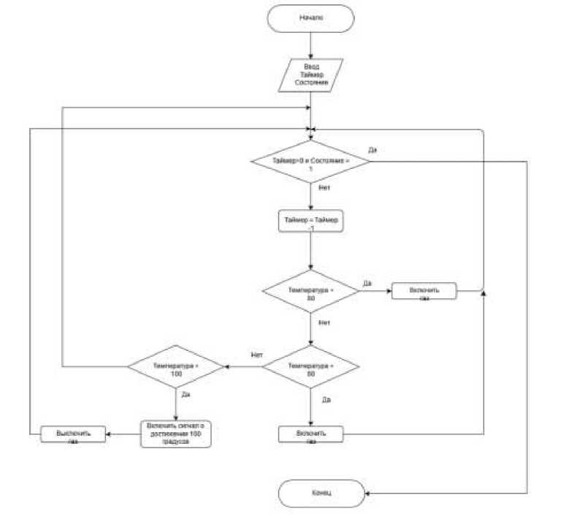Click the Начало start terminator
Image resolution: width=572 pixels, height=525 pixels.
pyautogui.click(x=310, y=18)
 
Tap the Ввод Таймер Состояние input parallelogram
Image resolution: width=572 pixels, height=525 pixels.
pyautogui.click(x=310, y=75)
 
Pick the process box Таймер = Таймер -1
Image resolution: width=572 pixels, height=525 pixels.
pyautogui.click(x=310, y=222)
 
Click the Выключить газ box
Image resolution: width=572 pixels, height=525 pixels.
pyautogui.click(x=73, y=434)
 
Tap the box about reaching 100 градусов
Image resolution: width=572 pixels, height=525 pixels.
pyautogui.click(x=175, y=433)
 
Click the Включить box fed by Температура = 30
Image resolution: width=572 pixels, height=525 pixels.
pyautogui.click(x=424, y=291)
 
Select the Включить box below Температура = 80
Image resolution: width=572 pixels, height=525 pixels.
pyautogui.click(x=310, y=434)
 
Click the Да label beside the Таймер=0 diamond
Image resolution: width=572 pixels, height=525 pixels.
pyautogui.click(x=372, y=149)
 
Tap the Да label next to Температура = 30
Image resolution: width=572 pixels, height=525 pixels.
pyautogui.click(x=367, y=282)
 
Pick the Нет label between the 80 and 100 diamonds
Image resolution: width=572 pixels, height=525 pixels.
pyautogui.click(x=256, y=355)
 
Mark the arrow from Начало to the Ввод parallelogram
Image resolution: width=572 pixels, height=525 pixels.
pyautogui.click(x=310, y=46)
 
